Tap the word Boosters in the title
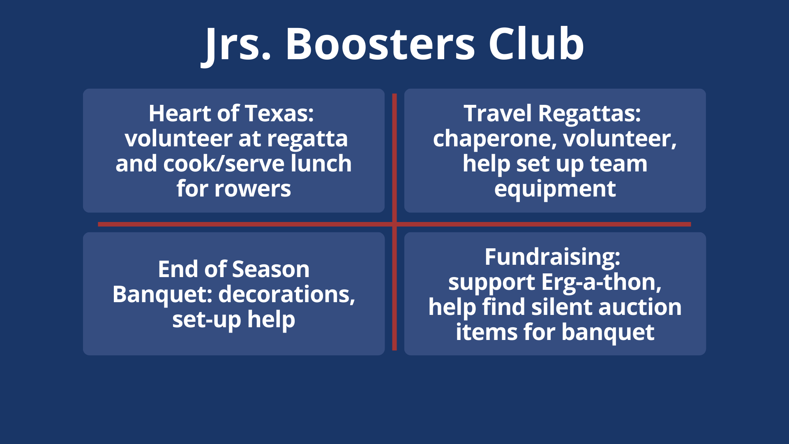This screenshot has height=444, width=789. click(381, 44)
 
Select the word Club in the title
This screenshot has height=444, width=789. click(536, 44)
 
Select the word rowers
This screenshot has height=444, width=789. click(253, 189)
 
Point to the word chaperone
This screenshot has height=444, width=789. click(495, 139)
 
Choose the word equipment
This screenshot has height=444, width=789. click(555, 190)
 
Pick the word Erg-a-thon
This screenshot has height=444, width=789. click(601, 282)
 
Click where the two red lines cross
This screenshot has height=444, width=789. click(394, 224)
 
